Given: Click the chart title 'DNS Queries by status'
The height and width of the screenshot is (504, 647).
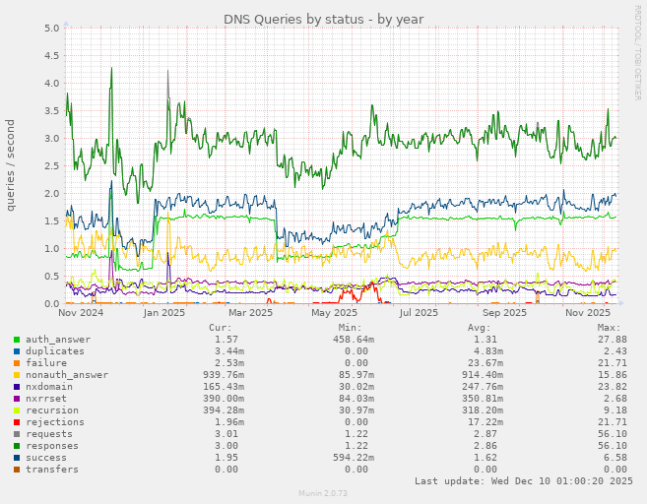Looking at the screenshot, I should coord(323,19).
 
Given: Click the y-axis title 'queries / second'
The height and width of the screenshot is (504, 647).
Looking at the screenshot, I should coord(11,165).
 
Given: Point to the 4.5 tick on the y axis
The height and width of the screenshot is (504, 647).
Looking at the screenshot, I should coord(52,55).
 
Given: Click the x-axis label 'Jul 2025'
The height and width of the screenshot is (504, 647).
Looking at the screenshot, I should coord(419,313).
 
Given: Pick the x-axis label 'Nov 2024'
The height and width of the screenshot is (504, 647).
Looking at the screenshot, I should coord(81,313).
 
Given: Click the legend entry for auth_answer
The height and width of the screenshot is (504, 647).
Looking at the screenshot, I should coord(57,340).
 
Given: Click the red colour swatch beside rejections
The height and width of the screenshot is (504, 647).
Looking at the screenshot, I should coord(17,422).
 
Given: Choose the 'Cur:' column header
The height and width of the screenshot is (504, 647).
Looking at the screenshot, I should coord(221,328).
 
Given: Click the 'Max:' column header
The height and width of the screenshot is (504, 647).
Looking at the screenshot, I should coord(609,328).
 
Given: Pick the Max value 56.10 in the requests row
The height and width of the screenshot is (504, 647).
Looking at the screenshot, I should coord(612,434).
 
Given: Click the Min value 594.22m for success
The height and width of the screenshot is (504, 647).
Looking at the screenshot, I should coord(340,458).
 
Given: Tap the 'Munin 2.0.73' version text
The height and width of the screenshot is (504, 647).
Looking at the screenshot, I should coord(323,493).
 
